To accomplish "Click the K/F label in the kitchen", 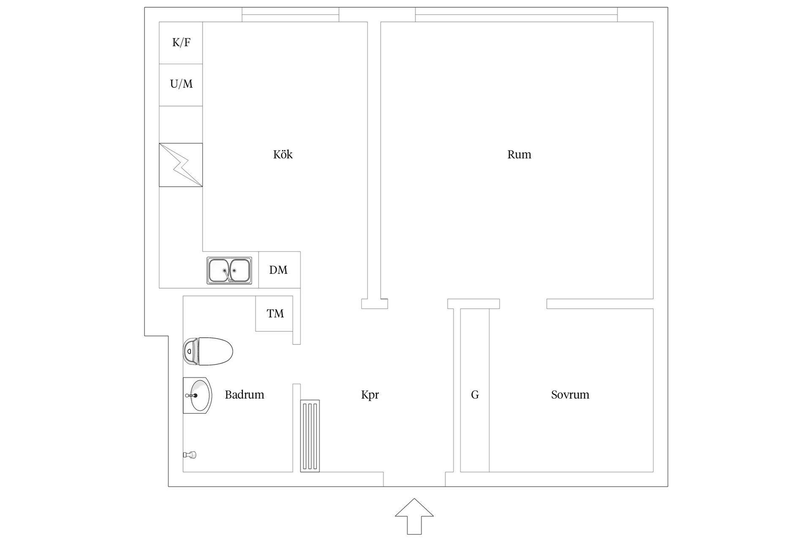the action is [181, 42].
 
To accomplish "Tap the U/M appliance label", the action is [181, 84].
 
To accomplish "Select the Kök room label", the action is [283, 154].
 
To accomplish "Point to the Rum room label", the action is [519, 154].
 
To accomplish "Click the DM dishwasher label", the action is [278, 270].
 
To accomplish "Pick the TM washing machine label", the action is [275, 313].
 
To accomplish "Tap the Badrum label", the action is [245, 394].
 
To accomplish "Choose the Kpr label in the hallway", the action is [370, 395].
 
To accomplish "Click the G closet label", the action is [475, 395].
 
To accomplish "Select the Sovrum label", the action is [570, 394].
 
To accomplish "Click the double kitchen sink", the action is [229, 270].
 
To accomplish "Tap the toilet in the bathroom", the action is [208, 351].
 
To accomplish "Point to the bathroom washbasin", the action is [197, 395].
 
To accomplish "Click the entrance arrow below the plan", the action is [414, 516].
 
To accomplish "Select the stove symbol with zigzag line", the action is [181, 165].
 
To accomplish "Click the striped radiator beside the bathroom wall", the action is [310, 436].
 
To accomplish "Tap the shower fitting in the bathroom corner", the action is [190, 455].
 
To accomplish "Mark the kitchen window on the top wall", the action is [291, 14].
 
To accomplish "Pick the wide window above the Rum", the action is [516, 14].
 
